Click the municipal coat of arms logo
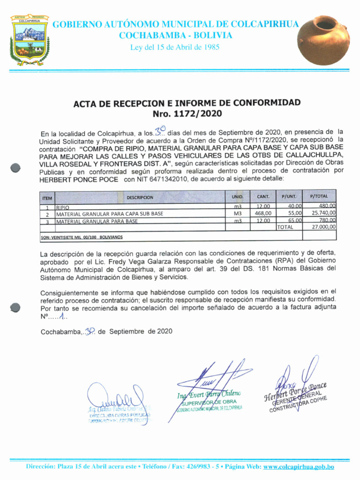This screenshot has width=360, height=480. pyautogui.click(x=30, y=40)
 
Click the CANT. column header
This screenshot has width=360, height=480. pyautogui.click(x=263, y=197)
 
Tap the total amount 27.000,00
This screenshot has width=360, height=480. pyautogui.click(x=321, y=227)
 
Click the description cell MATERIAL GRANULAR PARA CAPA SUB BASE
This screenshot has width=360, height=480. pyautogui.click(x=110, y=214)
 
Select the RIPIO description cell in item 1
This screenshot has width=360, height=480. pyautogui.click(x=63, y=207)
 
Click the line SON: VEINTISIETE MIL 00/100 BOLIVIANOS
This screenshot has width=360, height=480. pyautogui.click(x=82, y=238)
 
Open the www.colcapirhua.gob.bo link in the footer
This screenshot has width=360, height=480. pyautogui.click(x=299, y=467)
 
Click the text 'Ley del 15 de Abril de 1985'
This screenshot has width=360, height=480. pyautogui.click(x=175, y=47)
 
